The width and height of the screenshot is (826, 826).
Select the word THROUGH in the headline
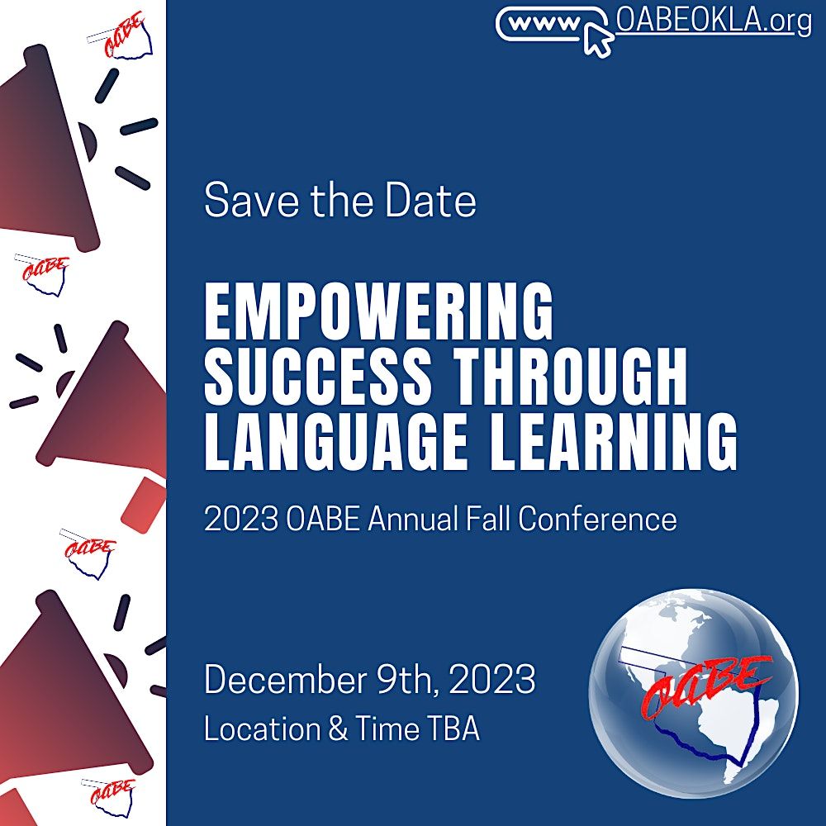click(x=572, y=377)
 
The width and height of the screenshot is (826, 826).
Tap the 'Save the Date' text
click(x=339, y=201)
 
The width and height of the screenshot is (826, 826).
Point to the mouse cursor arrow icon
click(x=598, y=38)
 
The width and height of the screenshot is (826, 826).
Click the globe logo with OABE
click(x=694, y=686)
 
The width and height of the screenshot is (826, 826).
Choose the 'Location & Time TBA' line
click(x=341, y=729)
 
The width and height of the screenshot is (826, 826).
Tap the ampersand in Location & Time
click(x=338, y=729)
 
